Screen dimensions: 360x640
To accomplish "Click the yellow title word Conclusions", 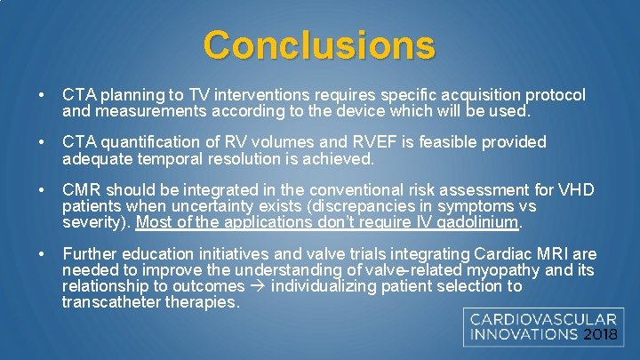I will tap(319, 44).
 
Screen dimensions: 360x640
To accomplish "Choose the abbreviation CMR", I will tap(80, 190).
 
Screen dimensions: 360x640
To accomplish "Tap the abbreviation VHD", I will tap(575, 190).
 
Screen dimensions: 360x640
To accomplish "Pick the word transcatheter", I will tap(105, 302).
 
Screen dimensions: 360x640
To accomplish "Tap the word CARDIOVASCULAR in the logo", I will tap(543, 319).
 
